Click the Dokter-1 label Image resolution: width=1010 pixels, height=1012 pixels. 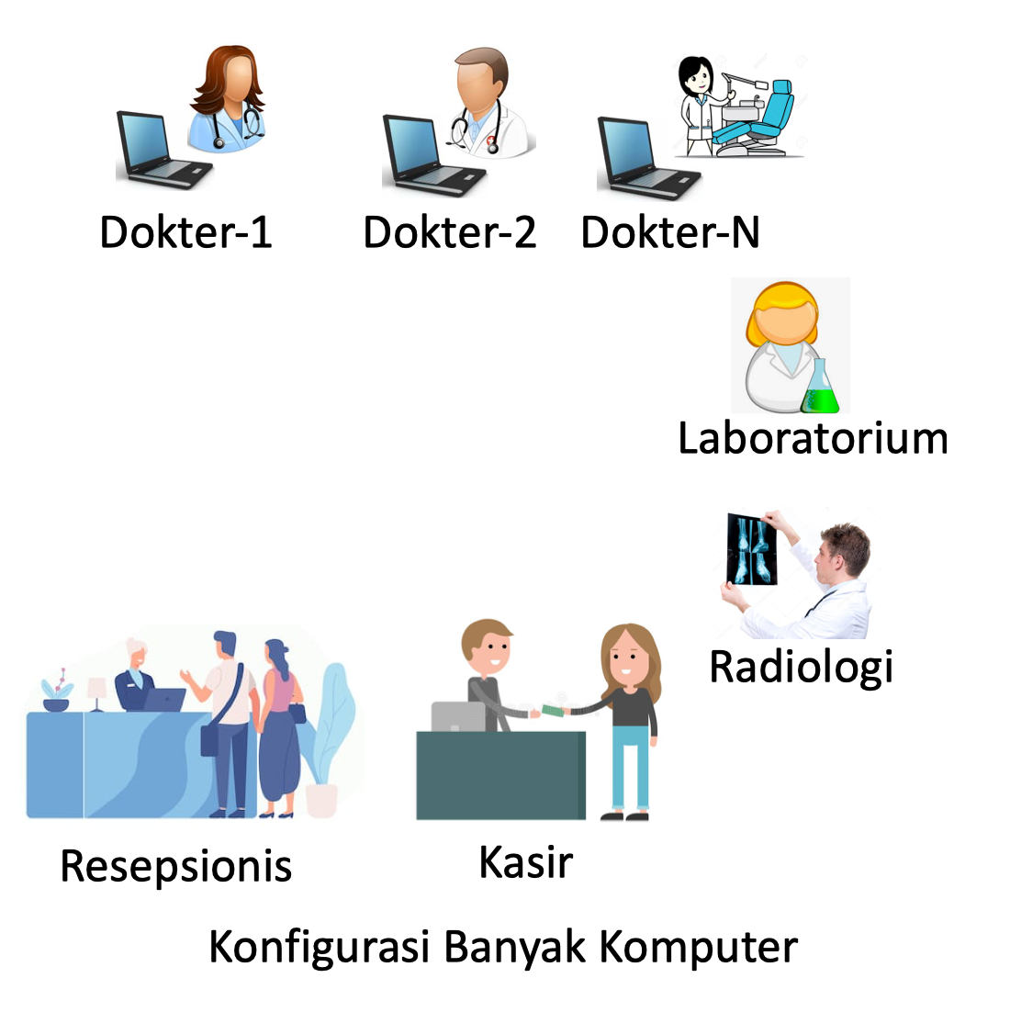coord(185,232)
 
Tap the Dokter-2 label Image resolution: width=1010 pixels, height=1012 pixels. coord(450,232)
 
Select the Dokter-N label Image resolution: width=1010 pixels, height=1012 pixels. coord(670,232)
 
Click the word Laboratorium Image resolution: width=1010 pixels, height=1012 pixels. coord(814,438)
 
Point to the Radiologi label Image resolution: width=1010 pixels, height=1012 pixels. coord(801,668)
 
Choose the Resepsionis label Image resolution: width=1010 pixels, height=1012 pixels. coord(175,867)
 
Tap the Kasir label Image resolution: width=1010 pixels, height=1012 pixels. coord(526,862)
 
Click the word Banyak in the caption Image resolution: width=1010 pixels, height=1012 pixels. coord(514,948)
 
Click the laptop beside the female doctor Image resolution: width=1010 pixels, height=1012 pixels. coord(163,150)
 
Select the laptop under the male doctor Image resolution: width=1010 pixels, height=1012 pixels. coord(433,155)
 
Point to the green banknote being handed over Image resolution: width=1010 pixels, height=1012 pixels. coord(553,711)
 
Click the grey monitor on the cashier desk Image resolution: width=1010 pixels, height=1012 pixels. coord(458,716)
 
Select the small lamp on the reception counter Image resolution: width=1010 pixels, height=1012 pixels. coord(96,694)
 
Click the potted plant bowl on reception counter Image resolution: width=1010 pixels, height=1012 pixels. coord(56,705)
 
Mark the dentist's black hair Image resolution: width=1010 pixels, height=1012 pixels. coord(694,73)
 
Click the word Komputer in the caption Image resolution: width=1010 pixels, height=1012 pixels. coord(699,948)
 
